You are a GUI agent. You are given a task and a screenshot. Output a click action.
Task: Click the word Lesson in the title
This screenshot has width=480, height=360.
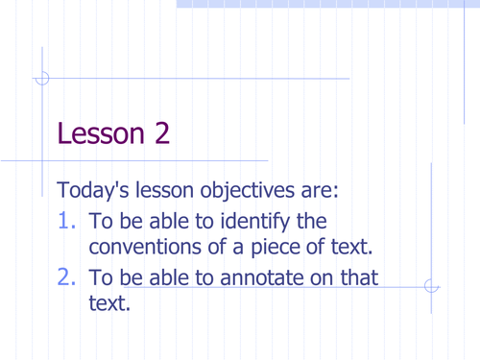pos(98,133)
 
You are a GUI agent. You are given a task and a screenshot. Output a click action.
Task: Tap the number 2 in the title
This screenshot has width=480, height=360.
pos(160,133)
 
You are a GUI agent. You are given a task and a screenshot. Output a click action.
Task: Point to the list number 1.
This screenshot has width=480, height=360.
pos(67,222)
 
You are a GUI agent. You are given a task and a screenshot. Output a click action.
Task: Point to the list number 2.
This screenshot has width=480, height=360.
pos(67,279)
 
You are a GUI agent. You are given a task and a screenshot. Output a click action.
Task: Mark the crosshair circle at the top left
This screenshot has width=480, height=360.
pos(41,79)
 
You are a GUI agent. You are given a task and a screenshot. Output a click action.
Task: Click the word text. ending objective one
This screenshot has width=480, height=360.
pos(348,247)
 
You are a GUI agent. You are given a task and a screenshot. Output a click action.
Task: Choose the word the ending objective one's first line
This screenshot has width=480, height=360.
pos(312,222)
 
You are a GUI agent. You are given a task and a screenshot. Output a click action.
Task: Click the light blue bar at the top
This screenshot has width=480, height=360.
pos(326,4)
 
